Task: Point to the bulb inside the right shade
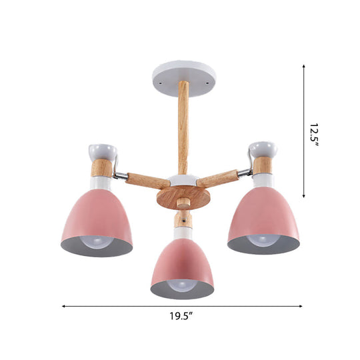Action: pos(263,241)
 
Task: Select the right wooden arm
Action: pos(218,178)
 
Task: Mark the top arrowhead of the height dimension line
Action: pos(305,66)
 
